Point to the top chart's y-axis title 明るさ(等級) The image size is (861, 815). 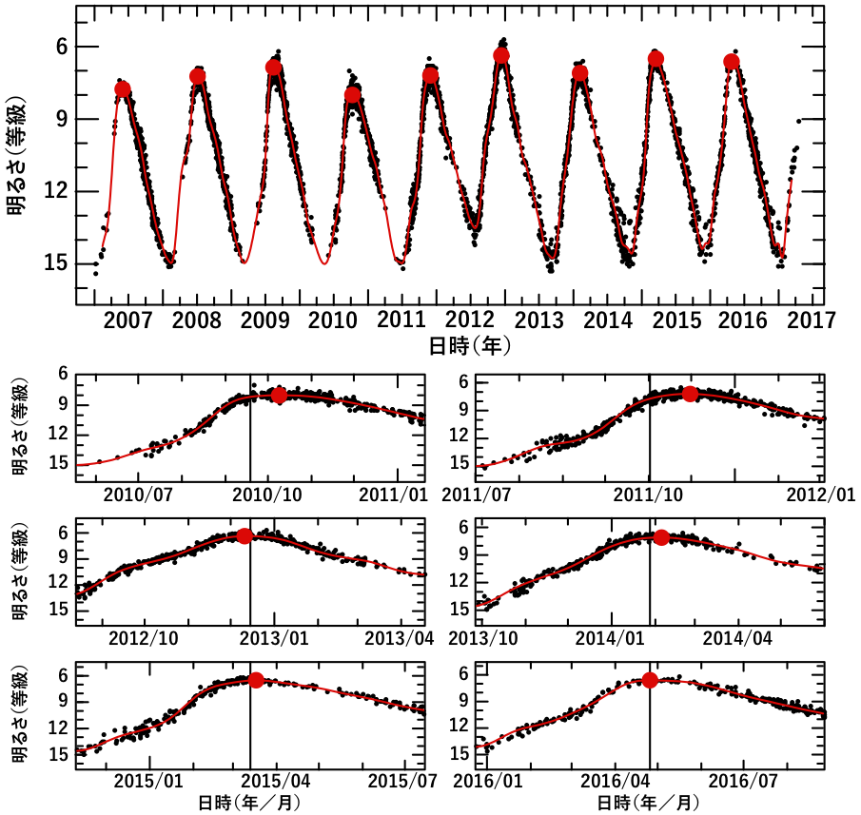point(17,155)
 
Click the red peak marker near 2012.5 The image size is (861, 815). point(501,56)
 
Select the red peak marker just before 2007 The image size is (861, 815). point(123,89)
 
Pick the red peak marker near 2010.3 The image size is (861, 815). point(353,95)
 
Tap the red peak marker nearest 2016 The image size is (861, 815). point(732,62)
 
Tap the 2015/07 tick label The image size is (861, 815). point(398,781)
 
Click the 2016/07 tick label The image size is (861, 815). point(748,781)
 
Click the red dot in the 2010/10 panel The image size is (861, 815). point(279,396)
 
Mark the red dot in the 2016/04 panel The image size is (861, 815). point(650,680)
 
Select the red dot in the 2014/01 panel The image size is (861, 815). point(661,538)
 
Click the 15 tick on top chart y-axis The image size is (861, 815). point(54,263)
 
